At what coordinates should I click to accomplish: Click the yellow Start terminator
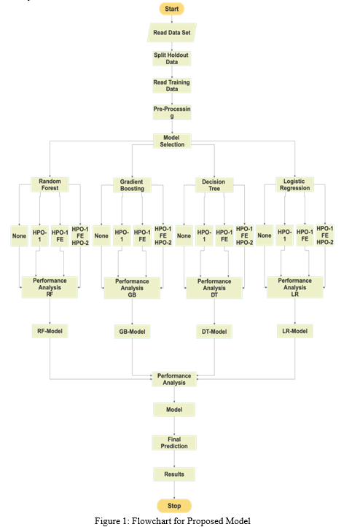coord(172,9)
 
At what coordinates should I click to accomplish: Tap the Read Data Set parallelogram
coord(172,33)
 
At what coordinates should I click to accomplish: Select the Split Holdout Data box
coord(172,58)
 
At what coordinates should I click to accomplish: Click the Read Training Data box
coord(172,85)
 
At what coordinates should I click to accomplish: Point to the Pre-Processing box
coord(172,112)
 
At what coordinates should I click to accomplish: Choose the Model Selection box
coord(172,141)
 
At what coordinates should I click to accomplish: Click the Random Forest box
coord(50,184)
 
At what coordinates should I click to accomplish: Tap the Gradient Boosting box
coord(132,185)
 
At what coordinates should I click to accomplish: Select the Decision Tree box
coord(214,185)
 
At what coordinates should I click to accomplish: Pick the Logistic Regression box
coord(295,184)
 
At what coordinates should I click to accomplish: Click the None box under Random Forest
coord(19,236)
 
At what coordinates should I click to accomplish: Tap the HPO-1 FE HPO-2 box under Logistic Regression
coord(325,235)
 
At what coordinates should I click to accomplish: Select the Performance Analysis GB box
coord(132,288)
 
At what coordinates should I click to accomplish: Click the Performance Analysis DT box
coord(214,288)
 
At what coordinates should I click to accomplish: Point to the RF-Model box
coord(50,331)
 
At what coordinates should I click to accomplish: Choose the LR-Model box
coord(295,331)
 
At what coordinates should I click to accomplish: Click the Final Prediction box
coord(174,442)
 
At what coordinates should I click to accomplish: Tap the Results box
coord(174,475)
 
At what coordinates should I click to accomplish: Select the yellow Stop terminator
coord(174,506)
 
